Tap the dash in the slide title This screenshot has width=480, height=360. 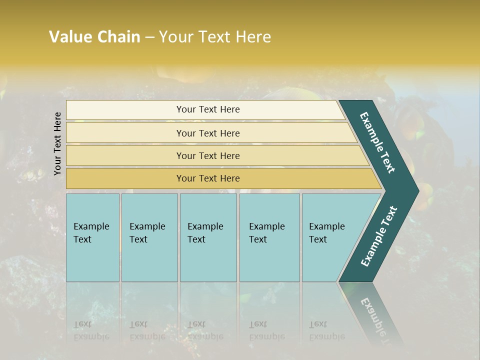point(149,37)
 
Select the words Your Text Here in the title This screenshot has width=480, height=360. point(215,37)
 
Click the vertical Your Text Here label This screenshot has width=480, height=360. point(57,144)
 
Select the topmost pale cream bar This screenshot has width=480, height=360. point(205,109)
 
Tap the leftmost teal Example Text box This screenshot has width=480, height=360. point(92,237)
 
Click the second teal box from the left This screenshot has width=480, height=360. point(149,237)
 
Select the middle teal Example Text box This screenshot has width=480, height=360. point(208,237)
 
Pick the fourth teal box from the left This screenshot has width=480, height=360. point(269,237)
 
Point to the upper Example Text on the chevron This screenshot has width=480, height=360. point(377,142)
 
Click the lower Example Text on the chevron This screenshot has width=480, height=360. point(378,236)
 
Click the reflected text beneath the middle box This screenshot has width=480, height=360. point(205,330)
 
